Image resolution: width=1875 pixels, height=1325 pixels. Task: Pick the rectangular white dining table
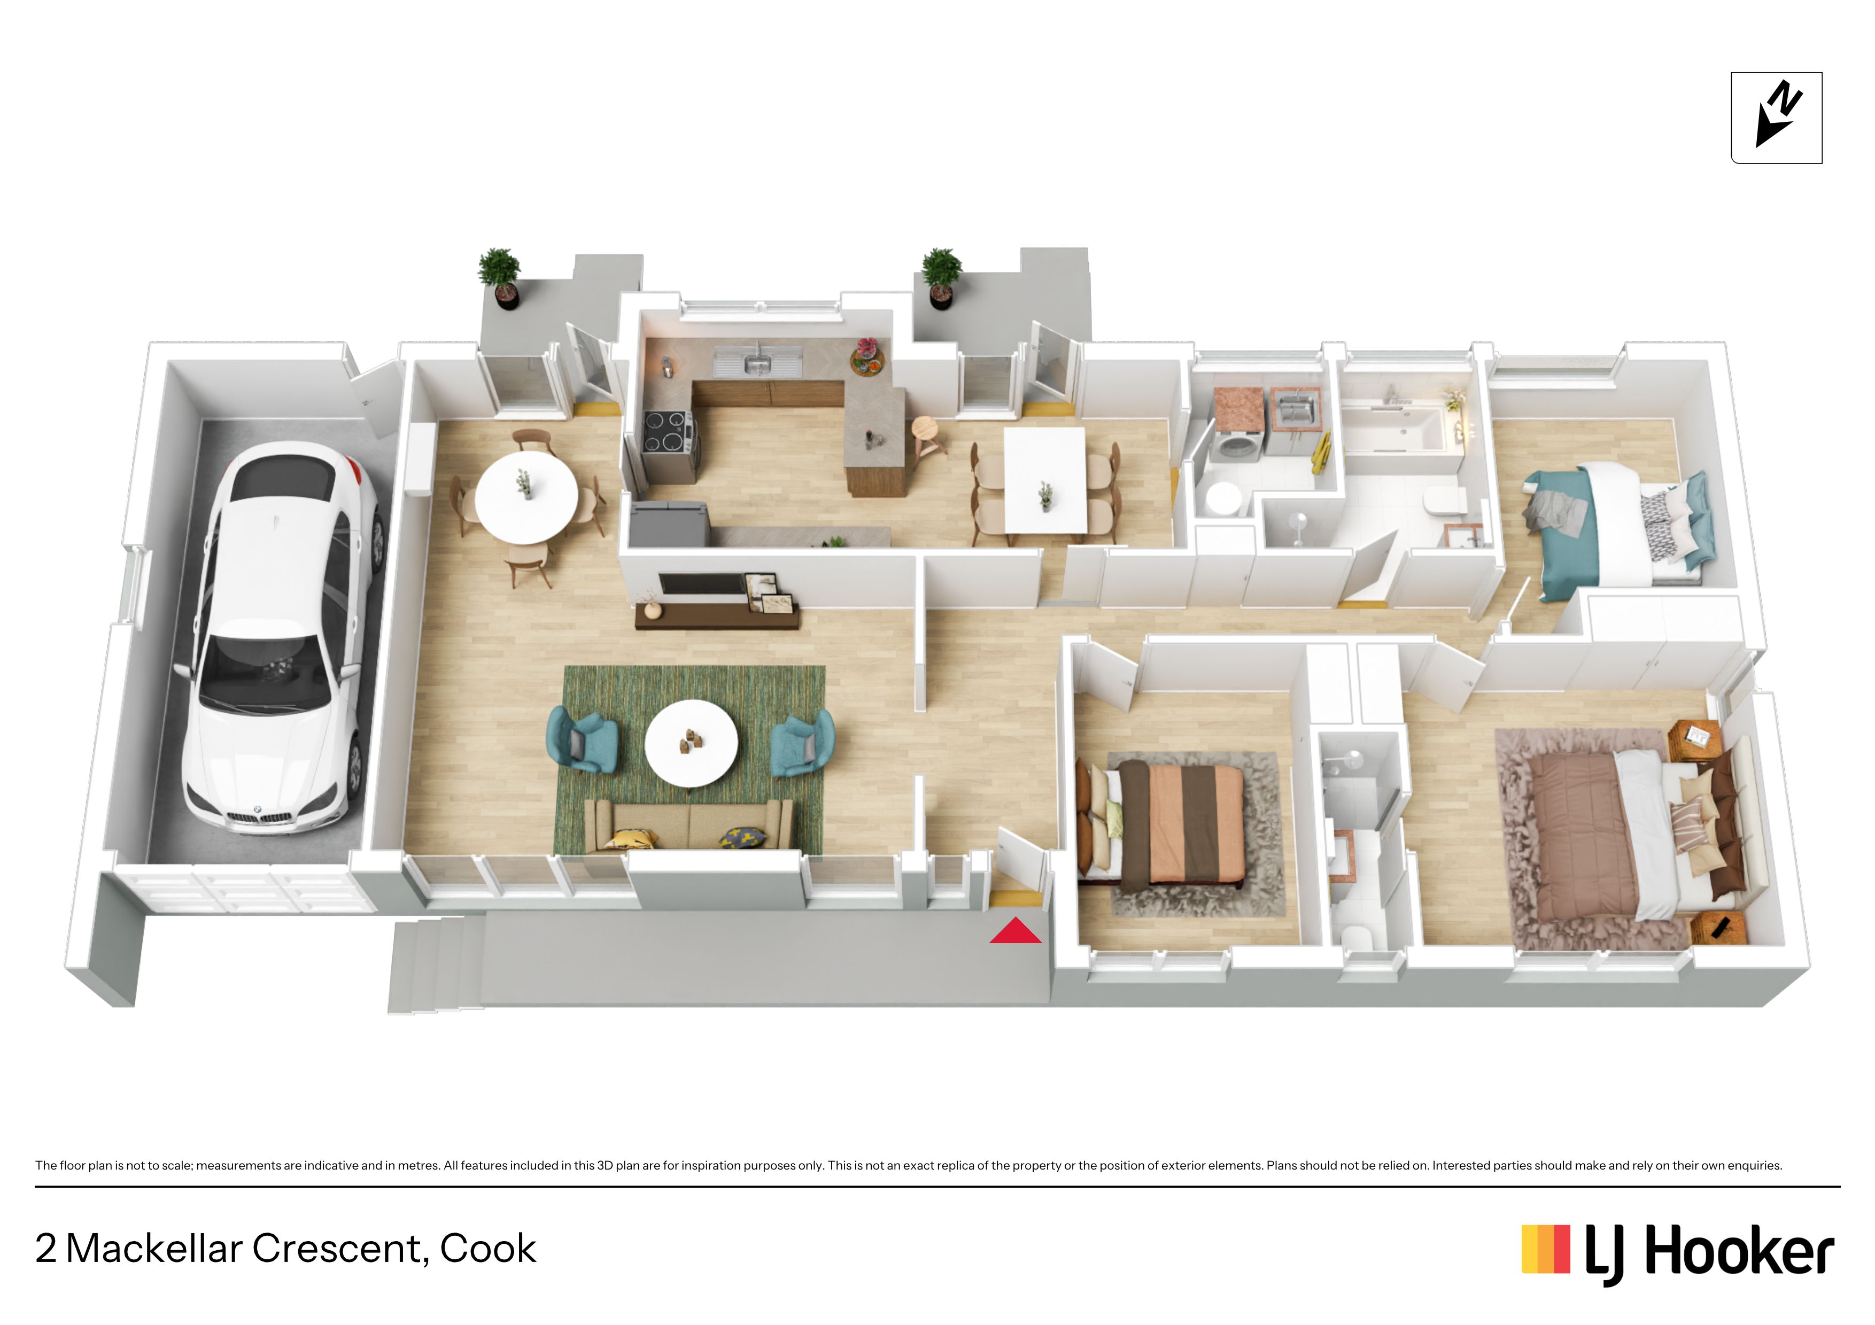coord(1045,480)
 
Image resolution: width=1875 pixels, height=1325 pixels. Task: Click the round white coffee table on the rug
coord(691,743)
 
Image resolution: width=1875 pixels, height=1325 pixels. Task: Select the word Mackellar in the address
coord(154,1248)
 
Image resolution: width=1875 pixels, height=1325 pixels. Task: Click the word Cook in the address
coord(487,1248)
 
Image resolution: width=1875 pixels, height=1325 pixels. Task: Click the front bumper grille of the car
coord(257,816)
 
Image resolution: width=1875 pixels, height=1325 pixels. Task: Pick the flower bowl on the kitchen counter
coord(867,357)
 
